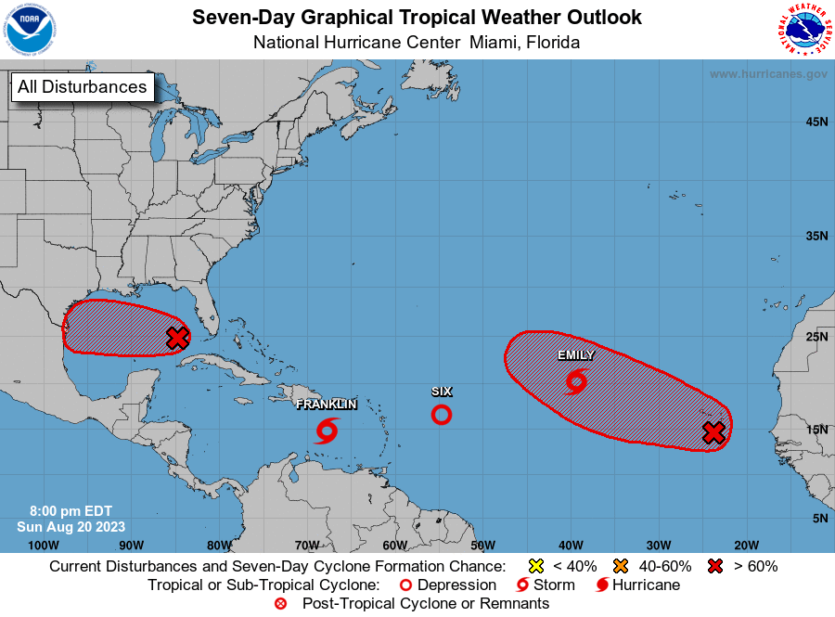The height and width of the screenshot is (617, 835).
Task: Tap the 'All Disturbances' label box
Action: point(82,87)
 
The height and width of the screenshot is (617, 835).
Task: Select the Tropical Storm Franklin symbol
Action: point(327,431)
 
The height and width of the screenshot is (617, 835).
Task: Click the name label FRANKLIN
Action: point(327,405)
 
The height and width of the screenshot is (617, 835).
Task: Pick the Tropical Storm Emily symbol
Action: point(576,380)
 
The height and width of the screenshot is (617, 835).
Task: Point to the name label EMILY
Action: point(576,355)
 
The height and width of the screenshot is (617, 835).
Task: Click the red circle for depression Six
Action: point(442,415)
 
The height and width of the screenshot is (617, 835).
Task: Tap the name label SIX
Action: point(442,392)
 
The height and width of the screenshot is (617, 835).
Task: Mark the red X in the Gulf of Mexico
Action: point(177,338)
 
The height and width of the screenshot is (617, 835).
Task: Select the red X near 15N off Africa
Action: point(713,432)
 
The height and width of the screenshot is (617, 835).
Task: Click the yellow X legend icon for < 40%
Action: point(534,566)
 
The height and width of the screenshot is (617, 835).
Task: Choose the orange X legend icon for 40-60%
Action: point(621,566)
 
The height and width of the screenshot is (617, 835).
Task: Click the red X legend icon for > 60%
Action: point(715,566)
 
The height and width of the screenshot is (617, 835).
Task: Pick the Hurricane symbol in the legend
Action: point(602,585)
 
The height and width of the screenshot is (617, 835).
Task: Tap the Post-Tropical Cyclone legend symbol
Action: point(281,604)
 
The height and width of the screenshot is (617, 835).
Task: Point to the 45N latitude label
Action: point(816,122)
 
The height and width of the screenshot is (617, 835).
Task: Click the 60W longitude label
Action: point(394,545)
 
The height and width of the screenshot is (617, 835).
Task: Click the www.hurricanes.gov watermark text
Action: point(768,73)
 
